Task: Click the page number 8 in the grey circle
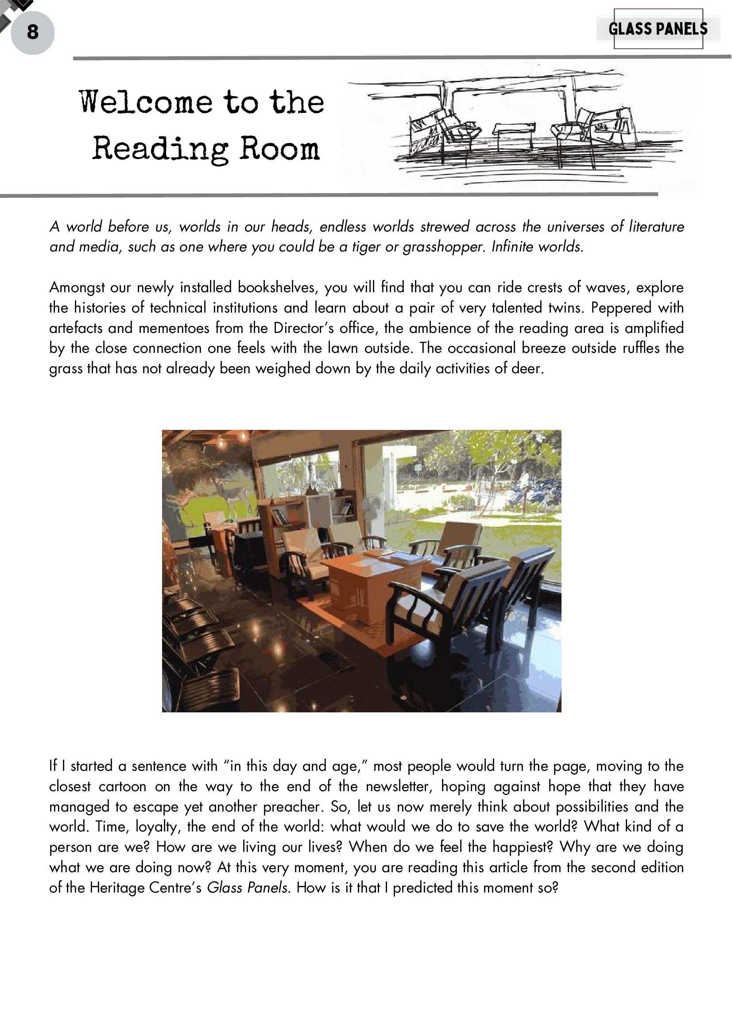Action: click(32, 32)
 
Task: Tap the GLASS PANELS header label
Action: click(658, 29)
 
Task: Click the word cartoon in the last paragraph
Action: click(122, 786)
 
